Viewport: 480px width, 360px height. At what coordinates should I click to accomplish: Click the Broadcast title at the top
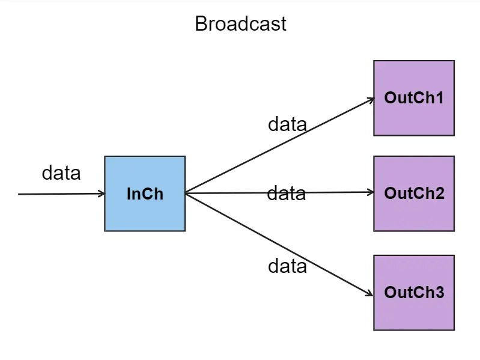pos(240,24)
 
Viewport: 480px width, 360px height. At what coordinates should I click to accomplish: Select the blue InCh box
pos(145,194)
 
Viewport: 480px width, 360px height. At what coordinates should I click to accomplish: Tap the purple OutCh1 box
pos(413,98)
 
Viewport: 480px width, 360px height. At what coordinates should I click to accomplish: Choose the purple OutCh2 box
pos(413,194)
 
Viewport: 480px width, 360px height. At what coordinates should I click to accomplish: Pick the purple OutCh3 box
pos(413,293)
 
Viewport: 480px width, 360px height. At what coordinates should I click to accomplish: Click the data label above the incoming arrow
pos(61,173)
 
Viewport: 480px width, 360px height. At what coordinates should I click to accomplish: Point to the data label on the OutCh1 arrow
pos(287,124)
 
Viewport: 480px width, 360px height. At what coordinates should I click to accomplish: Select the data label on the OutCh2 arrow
pos(286,194)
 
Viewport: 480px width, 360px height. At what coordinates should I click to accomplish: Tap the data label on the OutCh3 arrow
pos(287,266)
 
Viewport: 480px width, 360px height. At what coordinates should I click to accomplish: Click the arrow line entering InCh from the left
pos(60,194)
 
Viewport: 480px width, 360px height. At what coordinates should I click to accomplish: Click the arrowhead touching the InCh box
pos(102,194)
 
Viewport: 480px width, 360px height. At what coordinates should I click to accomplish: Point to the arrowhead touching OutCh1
pos(371,100)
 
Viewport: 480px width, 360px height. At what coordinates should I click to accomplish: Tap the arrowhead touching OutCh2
pos(370,192)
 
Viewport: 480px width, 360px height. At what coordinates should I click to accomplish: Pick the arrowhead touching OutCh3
pos(370,293)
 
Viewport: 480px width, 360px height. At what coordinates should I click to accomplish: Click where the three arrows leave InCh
pos(186,194)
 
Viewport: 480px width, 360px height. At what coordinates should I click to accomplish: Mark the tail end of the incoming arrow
pos(20,194)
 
